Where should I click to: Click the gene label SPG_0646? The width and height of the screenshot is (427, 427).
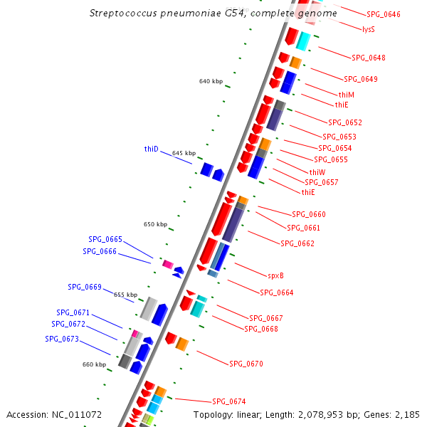(x=383, y=14)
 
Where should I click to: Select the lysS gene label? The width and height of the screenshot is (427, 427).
(x=368, y=29)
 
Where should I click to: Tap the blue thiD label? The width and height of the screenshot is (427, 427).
(x=151, y=149)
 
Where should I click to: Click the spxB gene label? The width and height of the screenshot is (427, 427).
(x=276, y=275)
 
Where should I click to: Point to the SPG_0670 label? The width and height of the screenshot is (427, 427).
(x=246, y=364)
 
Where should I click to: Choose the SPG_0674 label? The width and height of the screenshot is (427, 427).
(x=229, y=401)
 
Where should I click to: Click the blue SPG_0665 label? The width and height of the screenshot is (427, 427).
(x=105, y=239)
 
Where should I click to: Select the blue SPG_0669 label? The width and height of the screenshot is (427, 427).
(x=85, y=287)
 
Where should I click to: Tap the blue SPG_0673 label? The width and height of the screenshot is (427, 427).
(x=62, y=339)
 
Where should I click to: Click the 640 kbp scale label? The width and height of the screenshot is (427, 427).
(x=211, y=82)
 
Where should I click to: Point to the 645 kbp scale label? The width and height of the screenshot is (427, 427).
(x=184, y=153)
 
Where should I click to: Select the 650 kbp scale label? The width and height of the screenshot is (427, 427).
(x=155, y=224)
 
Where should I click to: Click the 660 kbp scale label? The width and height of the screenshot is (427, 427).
(x=94, y=364)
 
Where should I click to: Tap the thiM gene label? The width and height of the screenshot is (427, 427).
(x=347, y=95)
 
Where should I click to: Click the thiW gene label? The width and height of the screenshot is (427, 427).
(x=317, y=172)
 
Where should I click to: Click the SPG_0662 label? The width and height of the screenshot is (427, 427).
(x=297, y=243)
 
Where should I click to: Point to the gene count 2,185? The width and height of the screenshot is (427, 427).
(x=407, y=414)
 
